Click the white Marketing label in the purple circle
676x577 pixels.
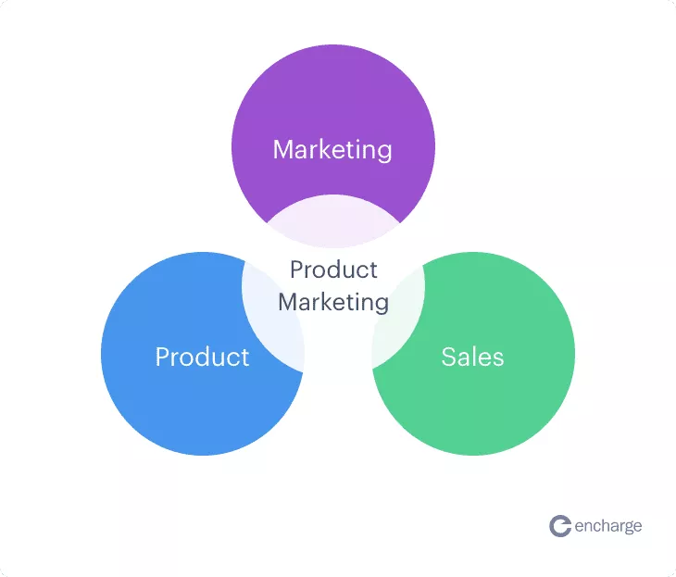(x=332, y=150)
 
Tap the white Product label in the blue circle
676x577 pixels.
(x=202, y=357)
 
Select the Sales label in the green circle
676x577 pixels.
(x=472, y=357)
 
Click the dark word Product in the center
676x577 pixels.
(x=333, y=270)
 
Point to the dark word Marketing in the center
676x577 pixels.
(x=333, y=302)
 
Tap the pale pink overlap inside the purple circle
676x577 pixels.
(x=332, y=220)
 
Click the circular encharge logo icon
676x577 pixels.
(x=560, y=526)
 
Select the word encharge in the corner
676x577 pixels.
(x=608, y=527)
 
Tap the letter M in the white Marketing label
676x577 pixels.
(x=283, y=150)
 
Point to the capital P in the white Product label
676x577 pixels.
(x=163, y=357)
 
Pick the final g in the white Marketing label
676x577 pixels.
(x=383, y=153)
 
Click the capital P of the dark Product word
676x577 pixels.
(x=296, y=270)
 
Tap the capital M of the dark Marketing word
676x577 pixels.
(x=288, y=302)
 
